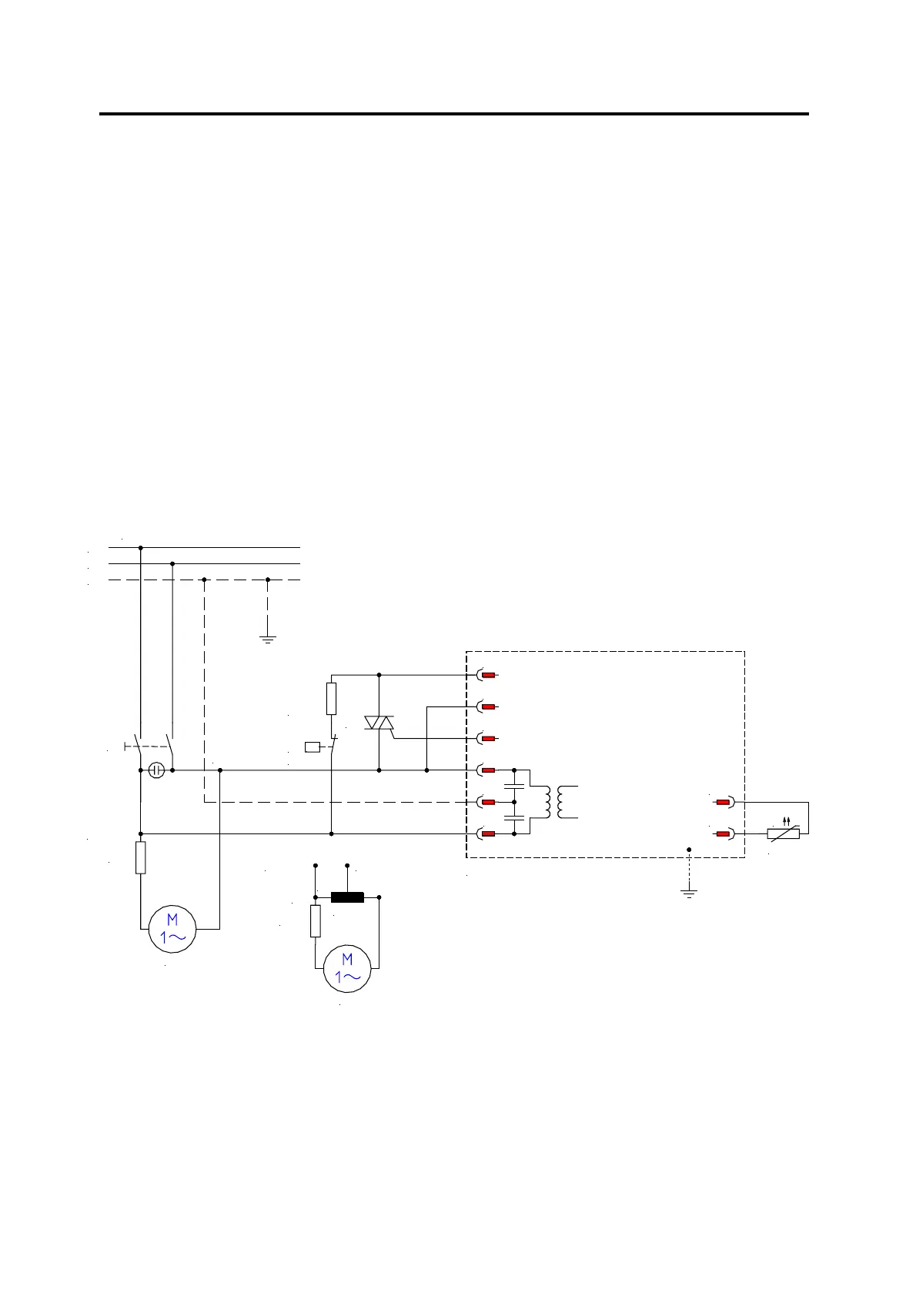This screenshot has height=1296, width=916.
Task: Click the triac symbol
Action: click(x=379, y=723)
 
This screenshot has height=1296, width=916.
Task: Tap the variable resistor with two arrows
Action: click(x=784, y=833)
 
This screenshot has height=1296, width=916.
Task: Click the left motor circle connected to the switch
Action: click(x=172, y=929)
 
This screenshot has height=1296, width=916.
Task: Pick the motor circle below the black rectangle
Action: click(x=347, y=969)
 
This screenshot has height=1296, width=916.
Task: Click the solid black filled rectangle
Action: click(x=347, y=897)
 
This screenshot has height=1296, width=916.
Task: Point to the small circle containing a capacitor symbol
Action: click(x=156, y=770)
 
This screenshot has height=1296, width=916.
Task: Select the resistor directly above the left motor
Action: click(x=141, y=857)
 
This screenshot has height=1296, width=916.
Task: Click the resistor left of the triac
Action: click(x=331, y=698)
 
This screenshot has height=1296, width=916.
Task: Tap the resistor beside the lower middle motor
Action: click(x=316, y=920)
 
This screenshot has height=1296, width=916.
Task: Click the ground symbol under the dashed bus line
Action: click(x=268, y=638)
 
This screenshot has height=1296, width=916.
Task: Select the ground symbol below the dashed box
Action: click(x=689, y=893)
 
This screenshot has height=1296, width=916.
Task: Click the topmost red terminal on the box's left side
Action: click(x=488, y=675)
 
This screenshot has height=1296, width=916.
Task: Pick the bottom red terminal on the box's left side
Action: click(x=488, y=833)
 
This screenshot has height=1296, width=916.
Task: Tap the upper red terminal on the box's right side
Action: click(x=723, y=802)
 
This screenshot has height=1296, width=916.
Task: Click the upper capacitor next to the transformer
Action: click(x=514, y=786)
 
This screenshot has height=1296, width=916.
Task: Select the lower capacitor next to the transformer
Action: click(x=514, y=818)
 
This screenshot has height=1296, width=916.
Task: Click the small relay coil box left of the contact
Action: click(x=313, y=746)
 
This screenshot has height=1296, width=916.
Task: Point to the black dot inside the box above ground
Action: click(x=689, y=850)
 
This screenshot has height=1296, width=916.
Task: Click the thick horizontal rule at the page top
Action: click(x=454, y=114)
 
